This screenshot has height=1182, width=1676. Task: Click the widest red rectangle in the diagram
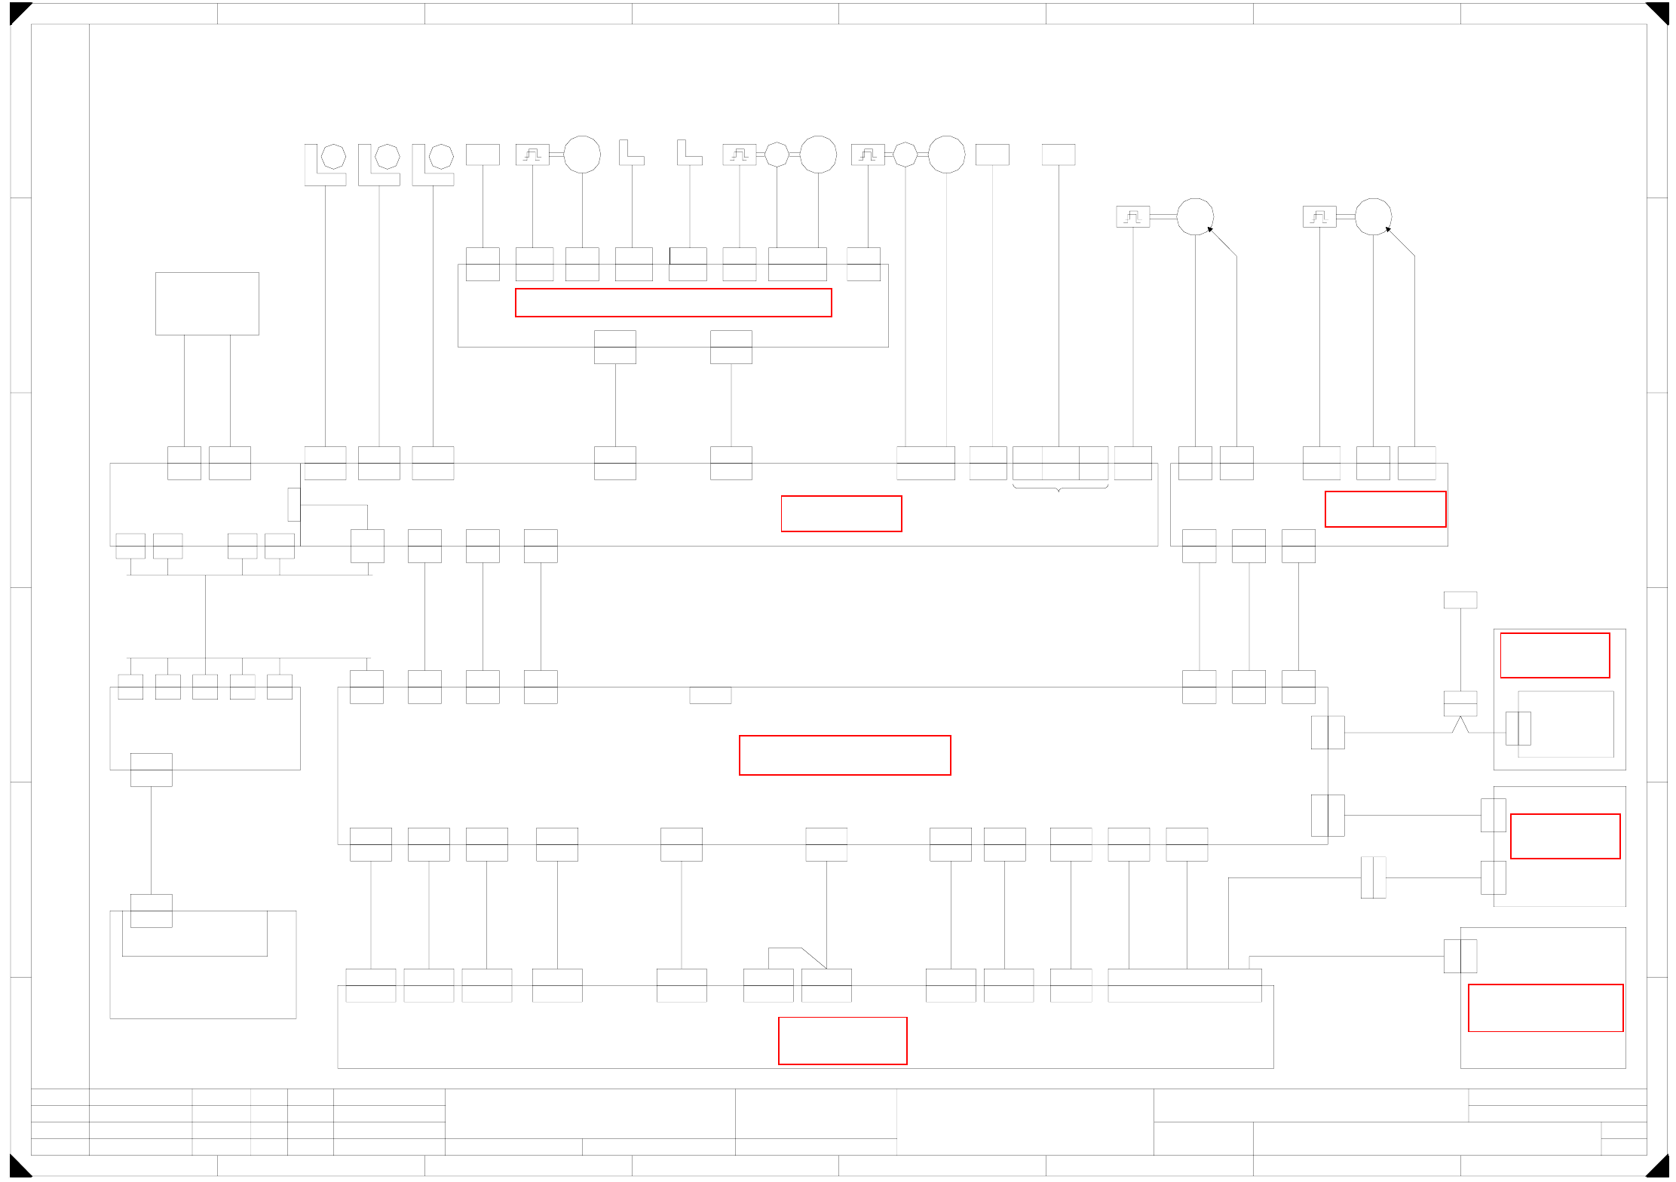673,302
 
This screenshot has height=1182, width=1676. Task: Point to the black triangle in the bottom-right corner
1659,1168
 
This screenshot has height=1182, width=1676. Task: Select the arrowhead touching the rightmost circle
1389,229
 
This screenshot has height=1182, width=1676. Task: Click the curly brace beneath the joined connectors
1059,488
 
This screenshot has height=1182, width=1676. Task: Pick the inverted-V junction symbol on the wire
1460,724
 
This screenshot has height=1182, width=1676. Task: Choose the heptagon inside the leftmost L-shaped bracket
333,157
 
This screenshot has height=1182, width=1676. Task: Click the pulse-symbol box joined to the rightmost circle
1319,217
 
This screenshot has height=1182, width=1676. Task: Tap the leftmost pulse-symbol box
532,155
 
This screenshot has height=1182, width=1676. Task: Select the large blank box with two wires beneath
207,304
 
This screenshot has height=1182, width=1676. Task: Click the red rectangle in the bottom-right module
1545,1008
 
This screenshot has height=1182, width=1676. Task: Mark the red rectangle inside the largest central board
844,755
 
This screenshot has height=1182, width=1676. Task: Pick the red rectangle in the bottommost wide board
842,1040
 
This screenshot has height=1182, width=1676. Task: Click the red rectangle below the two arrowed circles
1385,509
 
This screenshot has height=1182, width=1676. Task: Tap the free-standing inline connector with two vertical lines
1373,877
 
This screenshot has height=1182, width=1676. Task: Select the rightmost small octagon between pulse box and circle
905,155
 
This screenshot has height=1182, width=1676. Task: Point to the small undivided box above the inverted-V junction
1460,600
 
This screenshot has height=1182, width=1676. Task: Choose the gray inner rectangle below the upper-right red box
1565,724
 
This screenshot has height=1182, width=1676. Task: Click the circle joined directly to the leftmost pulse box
582,155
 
